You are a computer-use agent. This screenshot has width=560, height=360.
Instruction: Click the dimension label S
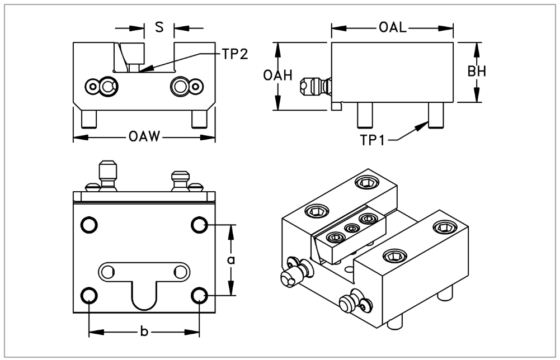[159, 27]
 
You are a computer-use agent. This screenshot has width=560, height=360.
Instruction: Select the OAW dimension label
[144, 136]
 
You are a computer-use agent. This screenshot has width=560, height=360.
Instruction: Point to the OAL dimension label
[392, 27]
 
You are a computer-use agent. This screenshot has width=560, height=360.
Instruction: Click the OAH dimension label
[278, 75]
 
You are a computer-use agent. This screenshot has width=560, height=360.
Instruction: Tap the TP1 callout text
[373, 140]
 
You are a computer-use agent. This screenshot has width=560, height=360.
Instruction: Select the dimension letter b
[144, 333]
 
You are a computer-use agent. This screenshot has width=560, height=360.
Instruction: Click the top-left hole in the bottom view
[88, 225]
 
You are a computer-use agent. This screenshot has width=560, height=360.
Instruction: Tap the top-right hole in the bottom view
[200, 225]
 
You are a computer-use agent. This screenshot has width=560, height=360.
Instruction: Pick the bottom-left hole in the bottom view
[88, 295]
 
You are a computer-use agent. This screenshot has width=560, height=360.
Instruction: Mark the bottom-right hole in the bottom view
[200, 295]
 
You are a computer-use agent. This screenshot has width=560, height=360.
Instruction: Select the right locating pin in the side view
[435, 115]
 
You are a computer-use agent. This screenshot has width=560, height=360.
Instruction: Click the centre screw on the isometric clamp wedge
[352, 228]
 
